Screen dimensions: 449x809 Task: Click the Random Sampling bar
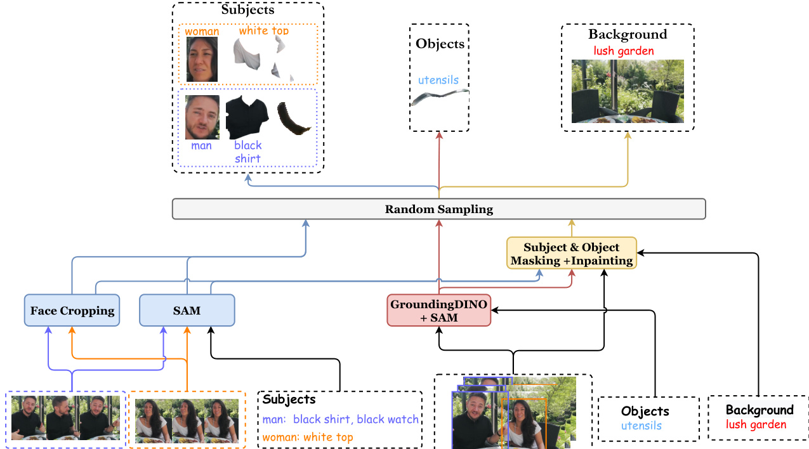[438, 209]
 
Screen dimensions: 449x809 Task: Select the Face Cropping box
[72, 311]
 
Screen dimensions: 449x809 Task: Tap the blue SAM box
[187, 311]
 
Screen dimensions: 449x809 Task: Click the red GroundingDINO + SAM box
[439, 311]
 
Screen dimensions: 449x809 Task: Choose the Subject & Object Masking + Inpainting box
[571, 254]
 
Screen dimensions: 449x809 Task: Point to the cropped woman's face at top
[202, 60]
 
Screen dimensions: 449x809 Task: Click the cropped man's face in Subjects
[202, 117]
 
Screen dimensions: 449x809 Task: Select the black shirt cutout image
[247, 117]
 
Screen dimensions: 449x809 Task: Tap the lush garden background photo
[628, 91]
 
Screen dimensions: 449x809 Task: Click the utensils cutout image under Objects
[439, 99]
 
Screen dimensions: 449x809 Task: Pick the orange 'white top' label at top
[263, 31]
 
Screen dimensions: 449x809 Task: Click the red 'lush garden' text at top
[624, 51]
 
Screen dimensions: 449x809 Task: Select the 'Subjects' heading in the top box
[247, 11]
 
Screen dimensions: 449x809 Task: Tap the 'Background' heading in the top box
[628, 34]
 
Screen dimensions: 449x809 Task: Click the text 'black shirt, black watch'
[355, 419]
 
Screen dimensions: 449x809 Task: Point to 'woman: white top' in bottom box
[308, 437]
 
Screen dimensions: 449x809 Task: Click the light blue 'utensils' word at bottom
[641, 426]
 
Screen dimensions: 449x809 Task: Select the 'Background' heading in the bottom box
[760, 410]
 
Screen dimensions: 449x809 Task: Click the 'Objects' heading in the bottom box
[645, 411]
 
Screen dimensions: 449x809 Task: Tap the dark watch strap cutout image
[294, 119]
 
